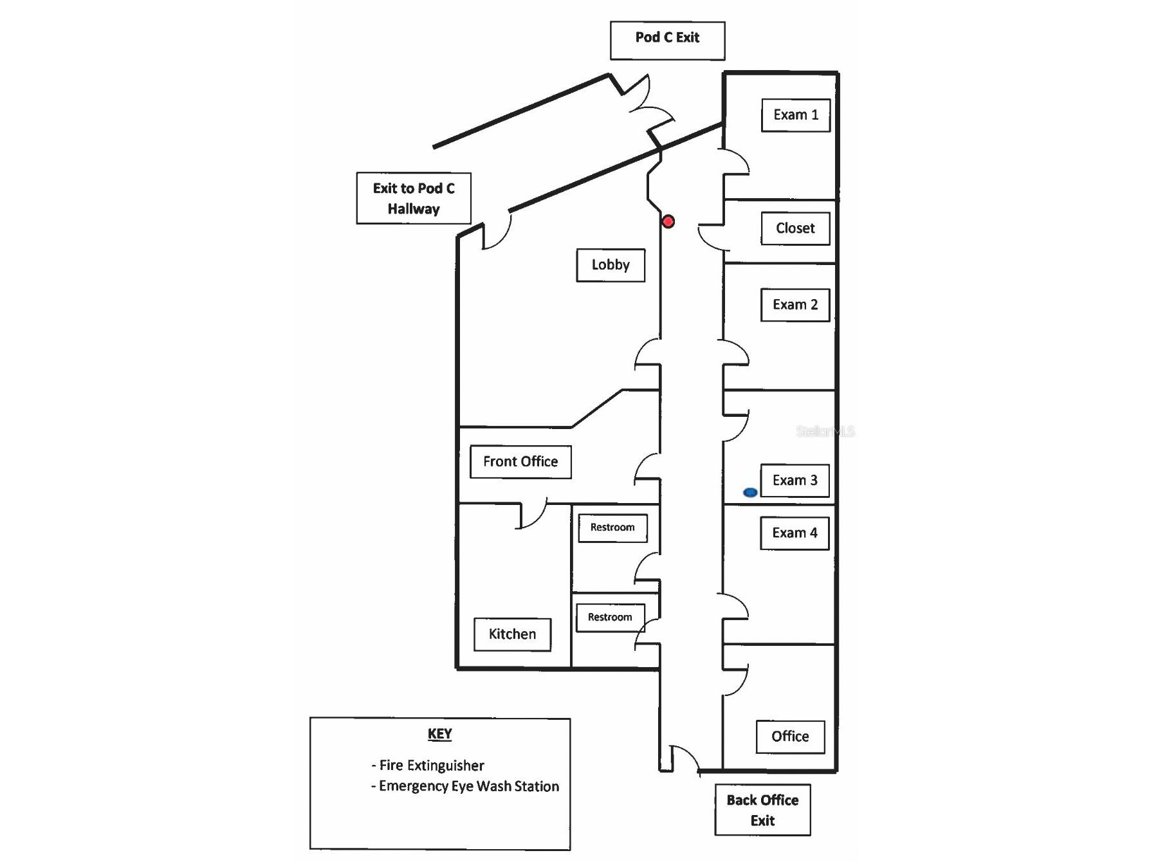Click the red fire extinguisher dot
668,222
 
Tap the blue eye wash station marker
750,493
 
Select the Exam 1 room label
796,115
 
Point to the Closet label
795,228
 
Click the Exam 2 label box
795,305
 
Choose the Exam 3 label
795,481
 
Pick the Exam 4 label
795,533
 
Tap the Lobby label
611,265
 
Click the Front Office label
520,462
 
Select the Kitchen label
512,635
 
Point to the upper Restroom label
612,527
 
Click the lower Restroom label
610,618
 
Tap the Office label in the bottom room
790,737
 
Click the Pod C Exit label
667,38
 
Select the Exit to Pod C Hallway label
414,198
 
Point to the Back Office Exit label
762,810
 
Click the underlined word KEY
440,734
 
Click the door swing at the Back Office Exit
686,758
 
